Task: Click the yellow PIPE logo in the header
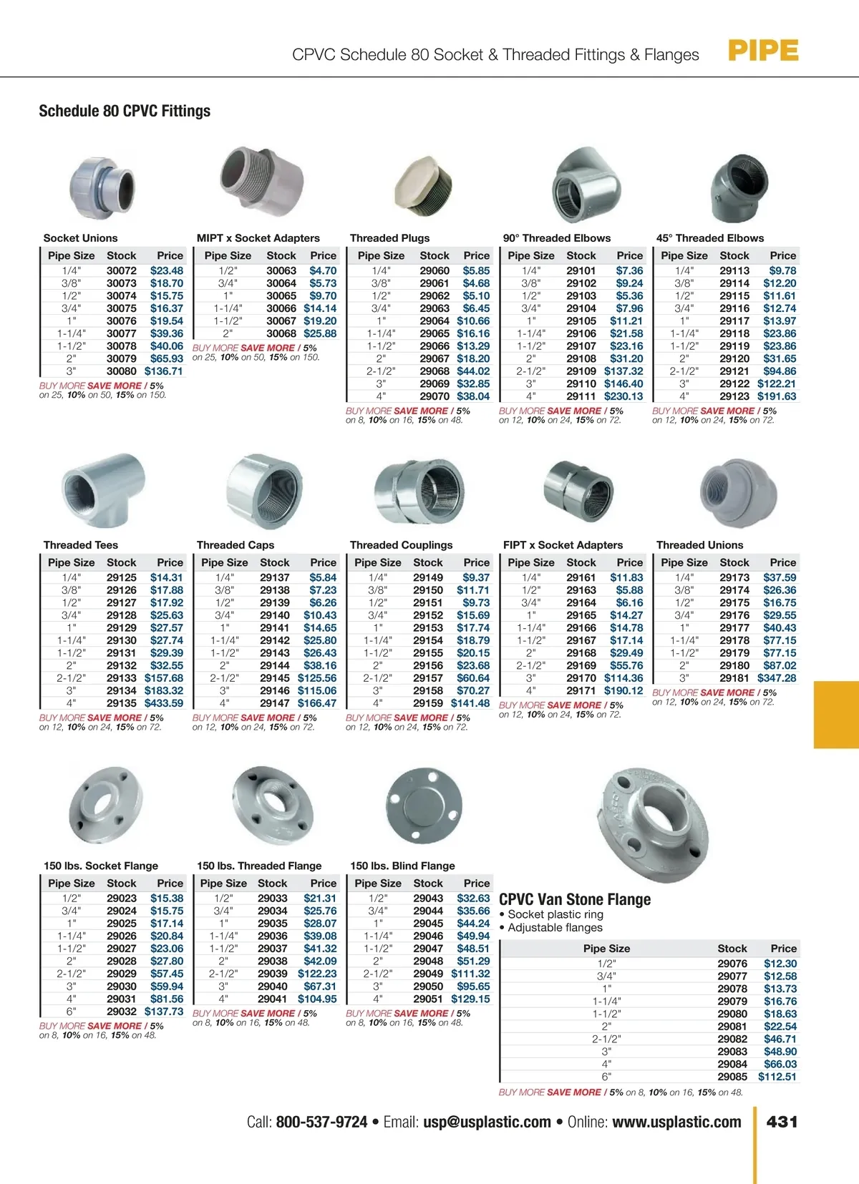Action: [x=763, y=52]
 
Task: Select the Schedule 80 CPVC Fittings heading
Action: [x=125, y=111]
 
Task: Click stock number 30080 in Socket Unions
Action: [x=122, y=371]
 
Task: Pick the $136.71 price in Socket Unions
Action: [x=164, y=371]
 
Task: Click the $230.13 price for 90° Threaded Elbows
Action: [x=623, y=396]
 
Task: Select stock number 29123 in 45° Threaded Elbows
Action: [x=734, y=396]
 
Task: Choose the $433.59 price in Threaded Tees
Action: [x=164, y=703]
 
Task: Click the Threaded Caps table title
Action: [x=236, y=545]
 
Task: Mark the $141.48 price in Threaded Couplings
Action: [x=470, y=703]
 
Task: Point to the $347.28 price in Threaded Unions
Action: [x=777, y=678]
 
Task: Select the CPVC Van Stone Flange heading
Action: [x=575, y=899]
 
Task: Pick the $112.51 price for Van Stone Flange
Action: [x=777, y=1077]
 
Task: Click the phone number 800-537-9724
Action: [x=321, y=1122]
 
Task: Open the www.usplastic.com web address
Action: [x=676, y=1122]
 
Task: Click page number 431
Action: [x=782, y=1122]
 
